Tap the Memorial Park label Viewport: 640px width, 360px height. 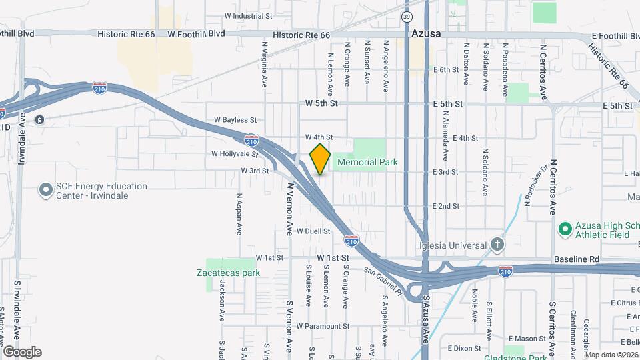tap(367, 162)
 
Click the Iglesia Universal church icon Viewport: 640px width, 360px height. tap(496, 245)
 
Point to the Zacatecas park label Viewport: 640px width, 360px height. tap(228, 273)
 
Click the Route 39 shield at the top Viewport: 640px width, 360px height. tap(407, 17)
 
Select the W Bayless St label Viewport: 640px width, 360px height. tap(235, 120)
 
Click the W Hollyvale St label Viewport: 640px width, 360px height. tap(234, 153)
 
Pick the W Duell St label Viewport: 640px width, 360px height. tap(313, 231)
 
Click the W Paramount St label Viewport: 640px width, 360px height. tap(323, 326)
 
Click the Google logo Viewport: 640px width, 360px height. tap(22, 351)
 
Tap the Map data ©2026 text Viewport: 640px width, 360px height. tap(611, 355)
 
